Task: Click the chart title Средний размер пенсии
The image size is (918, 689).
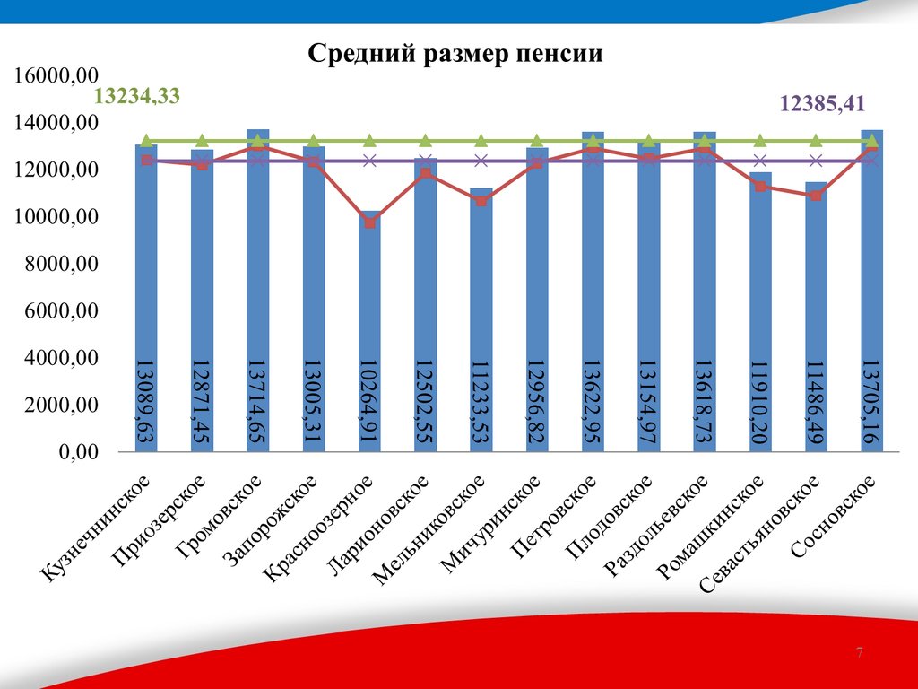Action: tap(455, 53)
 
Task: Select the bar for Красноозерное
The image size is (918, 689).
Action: tap(369, 332)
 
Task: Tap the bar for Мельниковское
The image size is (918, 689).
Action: tap(481, 323)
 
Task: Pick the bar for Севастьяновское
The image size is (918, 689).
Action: tap(816, 318)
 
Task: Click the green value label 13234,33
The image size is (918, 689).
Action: tap(137, 97)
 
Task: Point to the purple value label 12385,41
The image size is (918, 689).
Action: tap(822, 104)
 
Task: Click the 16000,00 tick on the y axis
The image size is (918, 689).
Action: tap(55, 75)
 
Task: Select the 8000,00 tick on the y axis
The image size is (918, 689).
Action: tap(55, 265)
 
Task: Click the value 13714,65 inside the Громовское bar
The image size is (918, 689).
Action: tap(258, 404)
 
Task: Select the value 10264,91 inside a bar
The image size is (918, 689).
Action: tap(369, 404)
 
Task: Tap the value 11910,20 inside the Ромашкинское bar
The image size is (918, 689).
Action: tap(760, 404)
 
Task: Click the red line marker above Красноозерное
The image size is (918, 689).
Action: tap(369, 222)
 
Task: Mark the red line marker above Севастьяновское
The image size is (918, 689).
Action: tap(816, 195)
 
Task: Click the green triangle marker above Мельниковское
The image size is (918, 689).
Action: tap(481, 140)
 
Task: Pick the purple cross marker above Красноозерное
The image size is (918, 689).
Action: tap(369, 161)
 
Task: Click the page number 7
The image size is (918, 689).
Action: tap(860, 653)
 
